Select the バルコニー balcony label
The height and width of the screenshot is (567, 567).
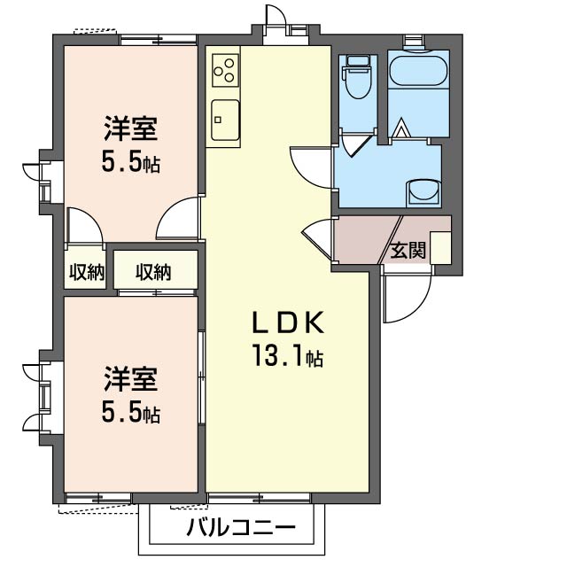[240, 529]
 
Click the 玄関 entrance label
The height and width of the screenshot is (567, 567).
[408, 251]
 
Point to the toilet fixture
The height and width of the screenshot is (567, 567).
[359, 78]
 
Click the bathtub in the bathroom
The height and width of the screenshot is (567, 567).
[419, 71]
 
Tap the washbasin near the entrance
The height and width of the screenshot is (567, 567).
[422, 191]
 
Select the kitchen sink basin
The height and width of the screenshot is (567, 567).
[225, 119]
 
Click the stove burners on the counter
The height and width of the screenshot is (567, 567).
[225, 68]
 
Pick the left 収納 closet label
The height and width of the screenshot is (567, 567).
[87, 273]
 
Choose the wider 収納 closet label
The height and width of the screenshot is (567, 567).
[153, 272]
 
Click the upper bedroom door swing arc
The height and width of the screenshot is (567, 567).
[180, 218]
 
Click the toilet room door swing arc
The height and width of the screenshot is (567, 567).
[354, 144]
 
